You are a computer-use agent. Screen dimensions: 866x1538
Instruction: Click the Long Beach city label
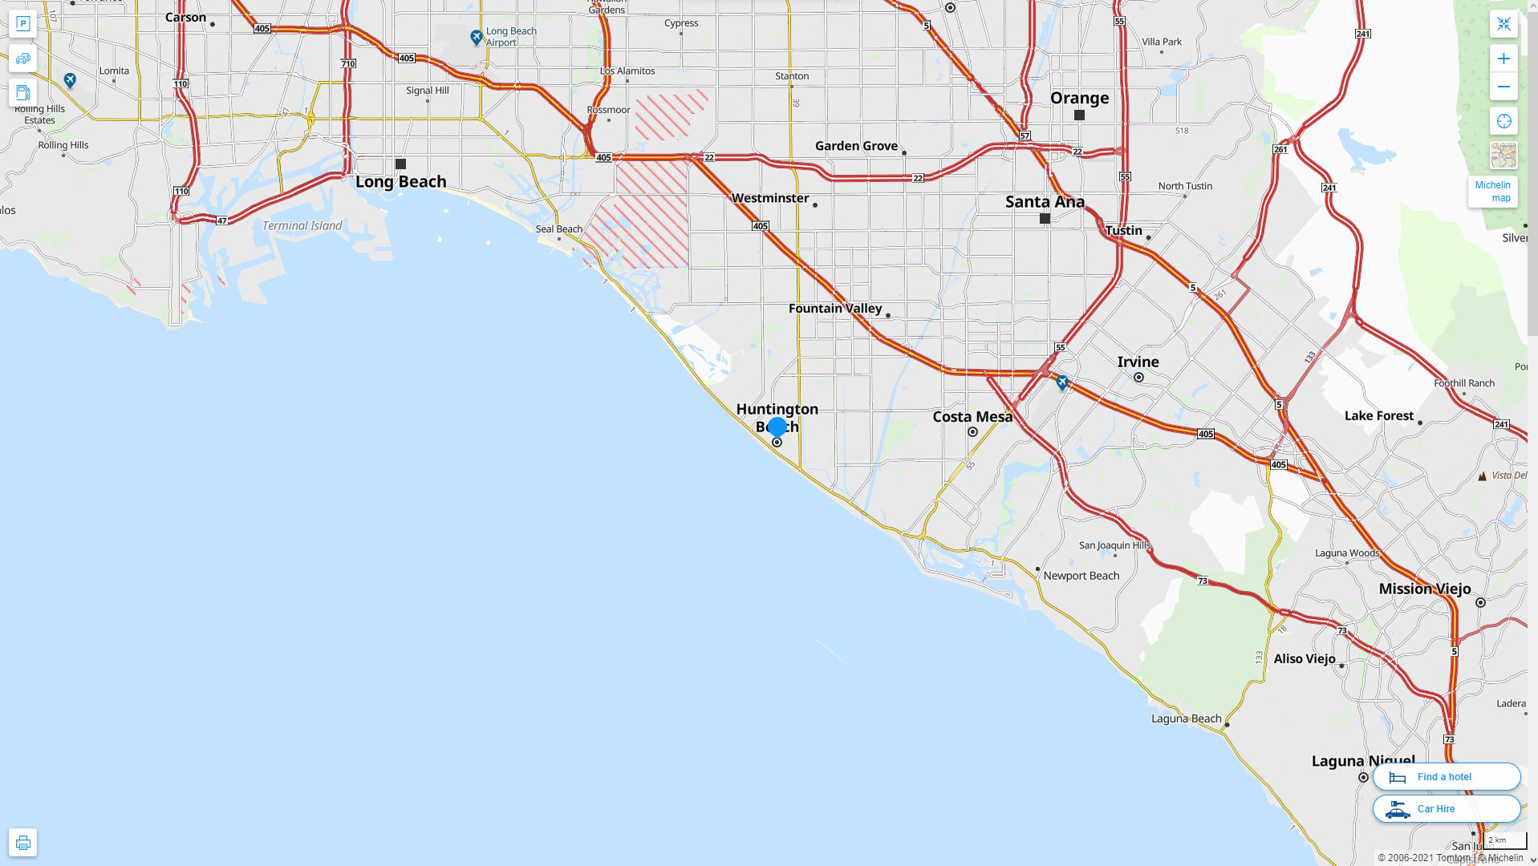(400, 182)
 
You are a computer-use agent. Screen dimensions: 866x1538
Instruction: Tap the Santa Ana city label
(1045, 202)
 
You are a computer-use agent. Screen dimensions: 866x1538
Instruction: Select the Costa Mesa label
(972, 417)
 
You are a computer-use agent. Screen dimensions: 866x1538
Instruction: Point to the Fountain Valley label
(835, 309)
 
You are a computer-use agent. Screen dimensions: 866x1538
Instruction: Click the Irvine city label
(1138, 362)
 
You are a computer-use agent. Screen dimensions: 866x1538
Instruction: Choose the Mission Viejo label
(1424, 589)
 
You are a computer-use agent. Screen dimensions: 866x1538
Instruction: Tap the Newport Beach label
(1081, 576)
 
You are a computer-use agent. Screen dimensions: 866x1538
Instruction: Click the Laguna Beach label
(1186, 718)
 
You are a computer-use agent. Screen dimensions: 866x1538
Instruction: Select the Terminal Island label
(302, 226)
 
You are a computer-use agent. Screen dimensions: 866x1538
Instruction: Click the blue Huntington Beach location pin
(777, 427)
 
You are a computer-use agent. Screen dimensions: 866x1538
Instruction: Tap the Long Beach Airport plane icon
(477, 37)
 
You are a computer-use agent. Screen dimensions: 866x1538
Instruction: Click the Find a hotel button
(1446, 776)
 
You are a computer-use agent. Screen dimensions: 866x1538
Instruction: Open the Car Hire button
(1446, 808)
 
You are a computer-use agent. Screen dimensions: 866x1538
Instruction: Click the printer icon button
(22, 842)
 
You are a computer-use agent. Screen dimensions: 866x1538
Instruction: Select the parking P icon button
(22, 24)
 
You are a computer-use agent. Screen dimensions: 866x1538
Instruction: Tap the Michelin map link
(1492, 192)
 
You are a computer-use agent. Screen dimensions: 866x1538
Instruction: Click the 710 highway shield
(347, 63)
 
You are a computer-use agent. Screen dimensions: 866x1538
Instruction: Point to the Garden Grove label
(856, 146)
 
